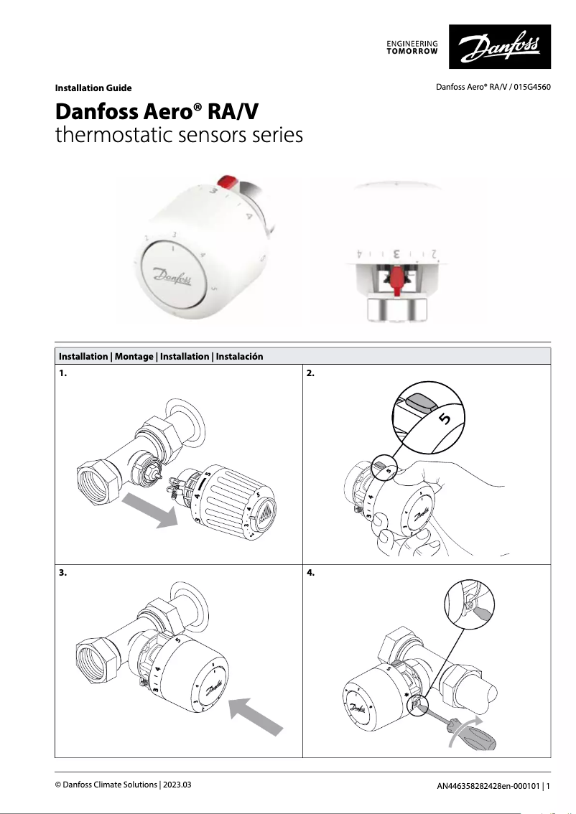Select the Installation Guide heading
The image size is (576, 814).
(93, 88)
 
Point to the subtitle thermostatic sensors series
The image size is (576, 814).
(179, 135)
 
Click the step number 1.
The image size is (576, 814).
(63, 373)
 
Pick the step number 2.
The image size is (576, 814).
(310, 373)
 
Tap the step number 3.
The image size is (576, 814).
(63, 574)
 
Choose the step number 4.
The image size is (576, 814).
(310, 574)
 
